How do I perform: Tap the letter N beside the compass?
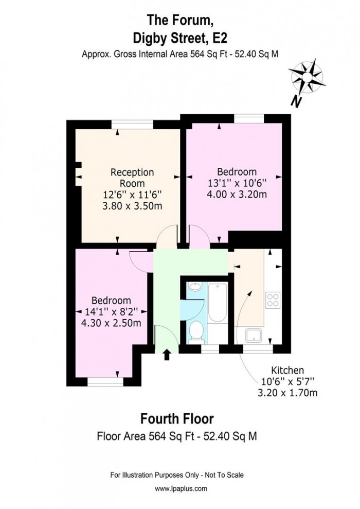[296, 101]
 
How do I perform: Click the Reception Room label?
[132, 178]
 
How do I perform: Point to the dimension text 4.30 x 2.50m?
[111, 323]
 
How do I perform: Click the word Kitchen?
[287, 370]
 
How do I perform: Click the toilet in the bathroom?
[195, 332]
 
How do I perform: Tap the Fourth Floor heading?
[177, 418]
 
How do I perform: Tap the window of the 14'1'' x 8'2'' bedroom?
[105, 382]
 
